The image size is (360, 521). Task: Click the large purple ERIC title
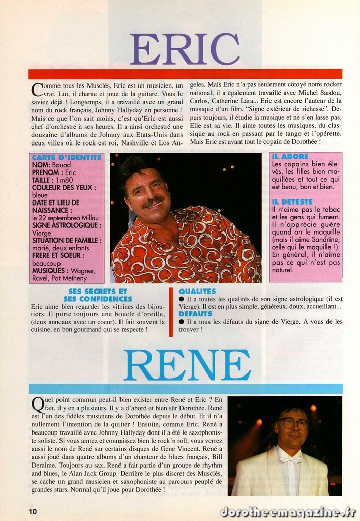pos(185,49)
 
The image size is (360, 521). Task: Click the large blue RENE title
pos(187,365)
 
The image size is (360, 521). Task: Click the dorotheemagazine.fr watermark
pos(288,512)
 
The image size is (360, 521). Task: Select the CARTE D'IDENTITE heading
pos(67,158)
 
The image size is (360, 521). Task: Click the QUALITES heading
pos(197,292)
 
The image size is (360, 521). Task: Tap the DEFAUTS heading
pos(195,314)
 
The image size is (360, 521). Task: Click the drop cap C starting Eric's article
pos(37,90)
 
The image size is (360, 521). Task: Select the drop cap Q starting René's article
pos(37,405)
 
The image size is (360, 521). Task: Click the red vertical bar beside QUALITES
pos(171,312)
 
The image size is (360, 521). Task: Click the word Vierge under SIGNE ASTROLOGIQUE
pos(42,233)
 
